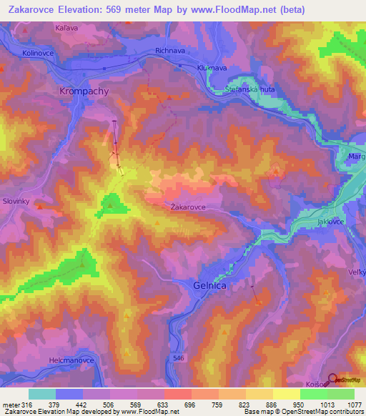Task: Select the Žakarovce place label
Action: pos(189,207)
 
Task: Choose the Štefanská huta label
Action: pos(244,89)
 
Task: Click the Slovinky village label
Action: pos(16,202)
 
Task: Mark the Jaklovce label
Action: pos(331,222)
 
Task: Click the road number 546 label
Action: pos(178,356)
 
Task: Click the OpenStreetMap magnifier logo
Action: pos(333,380)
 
